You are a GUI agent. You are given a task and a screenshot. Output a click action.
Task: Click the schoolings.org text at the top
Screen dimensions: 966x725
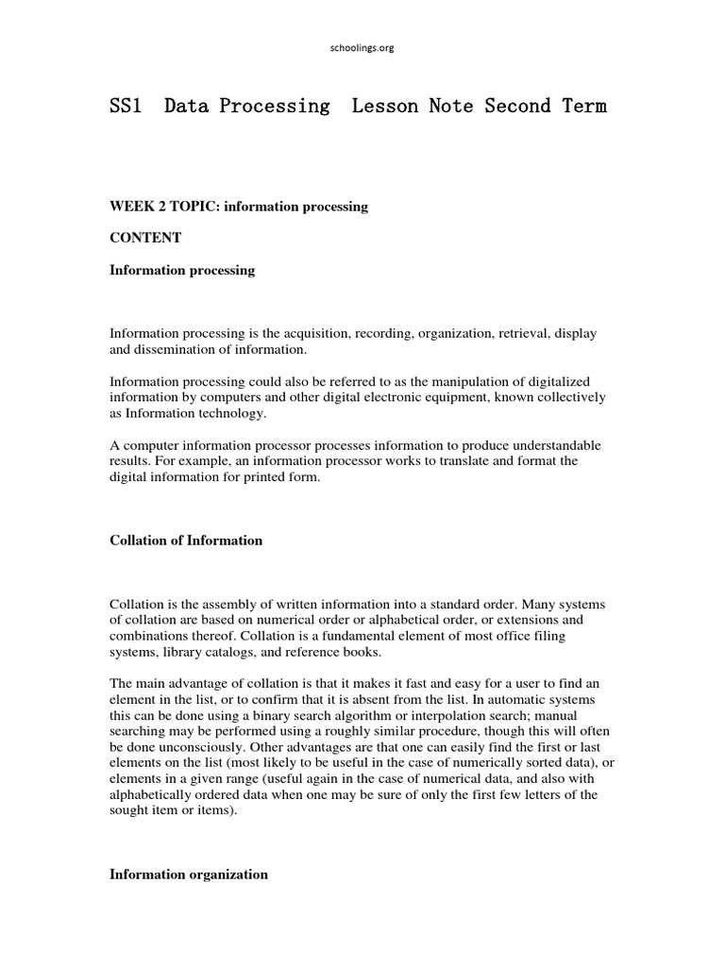pyautogui.click(x=362, y=48)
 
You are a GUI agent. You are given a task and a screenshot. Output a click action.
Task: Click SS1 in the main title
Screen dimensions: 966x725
pyautogui.click(x=126, y=107)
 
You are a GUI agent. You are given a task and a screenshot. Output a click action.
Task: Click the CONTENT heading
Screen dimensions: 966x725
pyautogui.click(x=145, y=239)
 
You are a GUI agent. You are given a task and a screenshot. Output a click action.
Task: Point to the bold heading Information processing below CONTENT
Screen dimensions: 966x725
pyautogui.click(x=182, y=271)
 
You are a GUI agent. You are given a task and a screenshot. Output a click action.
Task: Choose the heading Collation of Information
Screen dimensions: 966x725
pyautogui.click(x=186, y=541)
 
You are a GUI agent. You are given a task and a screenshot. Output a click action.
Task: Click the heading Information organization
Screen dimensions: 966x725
pyautogui.click(x=189, y=874)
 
